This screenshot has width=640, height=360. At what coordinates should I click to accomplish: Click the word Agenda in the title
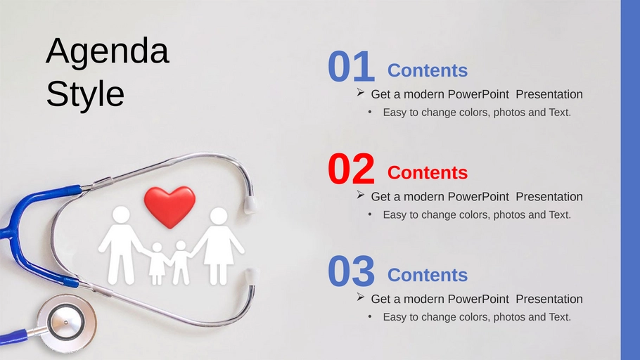click(x=108, y=52)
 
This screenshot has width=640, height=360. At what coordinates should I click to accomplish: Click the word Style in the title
click(x=85, y=94)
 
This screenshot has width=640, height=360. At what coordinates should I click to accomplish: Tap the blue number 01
click(x=351, y=67)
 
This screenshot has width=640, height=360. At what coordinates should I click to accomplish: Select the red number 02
click(x=351, y=169)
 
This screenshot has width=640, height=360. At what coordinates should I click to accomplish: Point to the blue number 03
click(x=351, y=271)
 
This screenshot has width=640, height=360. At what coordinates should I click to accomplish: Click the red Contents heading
click(x=428, y=173)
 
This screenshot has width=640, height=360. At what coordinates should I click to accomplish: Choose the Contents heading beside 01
click(x=428, y=70)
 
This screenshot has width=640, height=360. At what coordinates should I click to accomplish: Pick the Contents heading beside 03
click(x=428, y=275)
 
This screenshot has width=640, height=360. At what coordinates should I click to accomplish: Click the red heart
click(x=169, y=205)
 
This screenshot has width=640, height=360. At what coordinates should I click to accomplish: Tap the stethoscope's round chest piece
click(x=66, y=323)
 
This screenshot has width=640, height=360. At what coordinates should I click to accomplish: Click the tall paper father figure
click(x=121, y=245)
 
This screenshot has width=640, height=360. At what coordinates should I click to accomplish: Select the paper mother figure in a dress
click(x=218, y=245)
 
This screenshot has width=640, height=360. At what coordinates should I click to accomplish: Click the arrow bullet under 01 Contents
click(x=360, y=92)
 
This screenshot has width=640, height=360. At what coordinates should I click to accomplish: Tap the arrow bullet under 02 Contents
click(x=360, y=195)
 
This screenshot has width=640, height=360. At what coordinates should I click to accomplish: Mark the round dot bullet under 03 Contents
click(x=370, y=316)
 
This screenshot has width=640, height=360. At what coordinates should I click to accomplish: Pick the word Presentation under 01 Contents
click(x=549, y=94)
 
